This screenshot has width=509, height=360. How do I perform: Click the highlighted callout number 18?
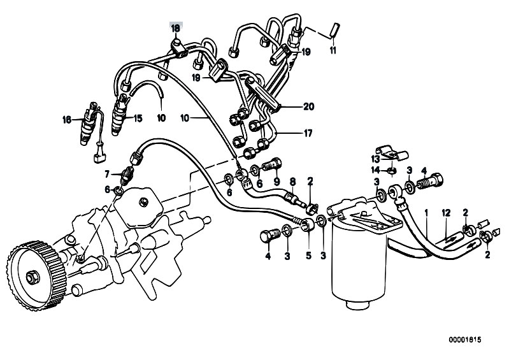tap(175, 28)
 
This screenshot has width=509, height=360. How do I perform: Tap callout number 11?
tap(333, 50)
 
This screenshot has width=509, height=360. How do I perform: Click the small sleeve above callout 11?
tap(334, 30)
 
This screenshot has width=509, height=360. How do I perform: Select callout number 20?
tap(309, 106)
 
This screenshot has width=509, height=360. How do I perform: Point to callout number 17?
tap(308, 133)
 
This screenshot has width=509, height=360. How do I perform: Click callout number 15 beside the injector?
tap(138, 118)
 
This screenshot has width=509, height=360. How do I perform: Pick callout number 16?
tap(66, 120)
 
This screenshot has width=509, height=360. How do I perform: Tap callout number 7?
tap(107, 175)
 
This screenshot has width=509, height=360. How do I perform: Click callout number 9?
tap(276, 181)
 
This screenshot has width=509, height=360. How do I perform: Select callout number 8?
tap(293, 181)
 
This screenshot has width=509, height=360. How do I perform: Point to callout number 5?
tap(308, 256)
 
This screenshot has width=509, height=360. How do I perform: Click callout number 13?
tap(376, 159)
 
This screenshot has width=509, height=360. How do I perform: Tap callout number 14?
tap(376, 169)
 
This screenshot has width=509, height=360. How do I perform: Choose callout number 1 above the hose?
tap(427, 213)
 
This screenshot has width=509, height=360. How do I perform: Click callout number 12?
tap(446, 213)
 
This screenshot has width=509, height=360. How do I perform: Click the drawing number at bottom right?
tap(465, 340)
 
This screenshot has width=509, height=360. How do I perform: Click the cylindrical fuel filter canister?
tap(359, 260)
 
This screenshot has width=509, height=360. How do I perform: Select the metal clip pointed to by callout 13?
tap(392, 152)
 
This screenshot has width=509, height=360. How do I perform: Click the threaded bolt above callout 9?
tap(272, 165)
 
